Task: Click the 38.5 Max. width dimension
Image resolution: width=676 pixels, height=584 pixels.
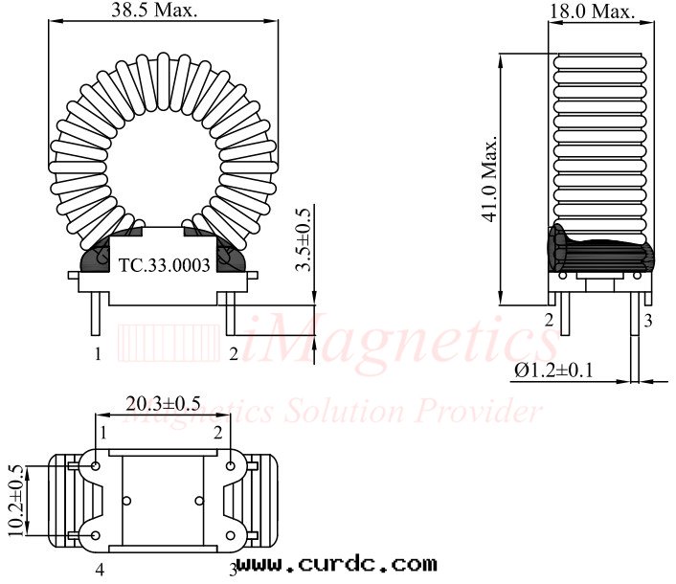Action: tap(154, 10)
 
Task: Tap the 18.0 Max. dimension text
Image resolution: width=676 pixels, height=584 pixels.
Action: tap(592, 11)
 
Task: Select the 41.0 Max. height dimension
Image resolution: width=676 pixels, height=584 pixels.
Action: tap(490, 179)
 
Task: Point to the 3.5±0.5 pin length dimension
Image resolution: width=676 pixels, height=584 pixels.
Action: tap(304, 240)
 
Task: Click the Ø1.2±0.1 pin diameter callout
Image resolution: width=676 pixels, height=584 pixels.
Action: tap(553, 371)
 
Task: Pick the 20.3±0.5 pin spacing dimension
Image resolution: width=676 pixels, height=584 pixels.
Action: tap(163, 404)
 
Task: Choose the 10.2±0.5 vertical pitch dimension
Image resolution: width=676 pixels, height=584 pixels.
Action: tap(14, 501)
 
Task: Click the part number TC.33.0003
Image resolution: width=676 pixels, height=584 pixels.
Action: tap(165, 265)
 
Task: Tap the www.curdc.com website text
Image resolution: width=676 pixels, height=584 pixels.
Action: tap(337, 564)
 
